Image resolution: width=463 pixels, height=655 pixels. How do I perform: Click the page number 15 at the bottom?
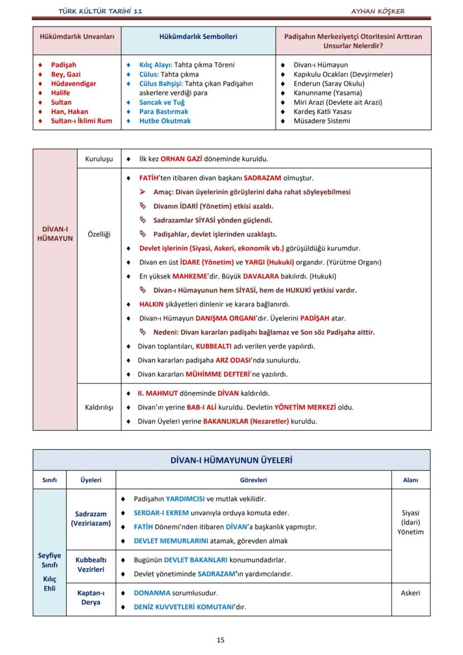220,640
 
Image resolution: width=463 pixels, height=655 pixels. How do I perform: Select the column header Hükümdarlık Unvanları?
77,36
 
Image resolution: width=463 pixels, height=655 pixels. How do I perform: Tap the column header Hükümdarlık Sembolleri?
198,36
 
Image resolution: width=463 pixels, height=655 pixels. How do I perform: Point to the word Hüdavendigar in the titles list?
73,84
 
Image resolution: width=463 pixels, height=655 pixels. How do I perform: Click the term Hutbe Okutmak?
165,121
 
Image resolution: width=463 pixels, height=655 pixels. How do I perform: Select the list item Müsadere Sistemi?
322,121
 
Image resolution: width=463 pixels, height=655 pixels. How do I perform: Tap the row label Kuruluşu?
99,159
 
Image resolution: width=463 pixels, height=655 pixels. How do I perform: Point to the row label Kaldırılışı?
99,407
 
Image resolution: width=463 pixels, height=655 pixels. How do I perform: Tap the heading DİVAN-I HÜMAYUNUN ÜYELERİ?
232,460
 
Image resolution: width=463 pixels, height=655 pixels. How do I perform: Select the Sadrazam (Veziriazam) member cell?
91,519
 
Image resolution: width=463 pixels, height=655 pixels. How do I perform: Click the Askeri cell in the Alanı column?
410,593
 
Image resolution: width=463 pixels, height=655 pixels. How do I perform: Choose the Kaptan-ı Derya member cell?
91,597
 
